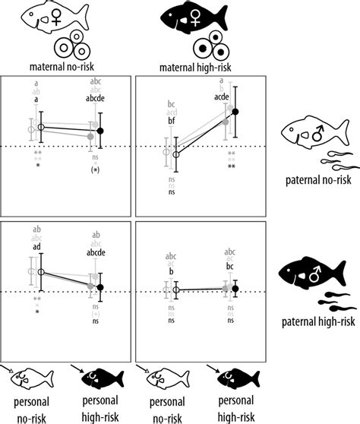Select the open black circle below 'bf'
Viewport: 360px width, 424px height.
pyautogui.click(x=176, y=154)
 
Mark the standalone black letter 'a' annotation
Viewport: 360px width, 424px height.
pyautogui.click(x=35, y=99)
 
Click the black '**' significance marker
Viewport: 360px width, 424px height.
pyautogui.click(x=231, y=166)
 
